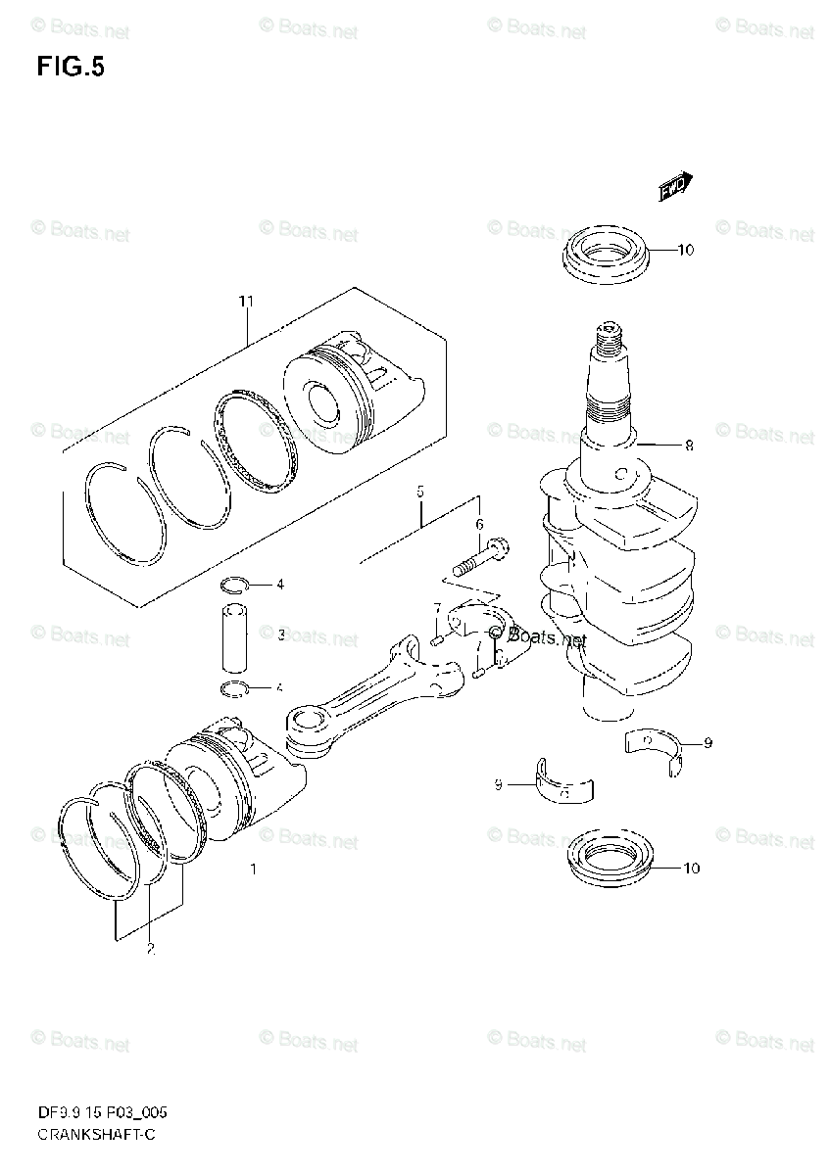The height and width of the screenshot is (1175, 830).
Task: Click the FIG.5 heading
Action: pos(71,68)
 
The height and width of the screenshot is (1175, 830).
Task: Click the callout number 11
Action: pos(245,302)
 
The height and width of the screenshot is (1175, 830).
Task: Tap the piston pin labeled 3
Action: pos(235,634)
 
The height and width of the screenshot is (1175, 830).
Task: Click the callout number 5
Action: pos(419,492)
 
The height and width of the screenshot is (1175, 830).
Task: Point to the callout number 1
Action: pos(253,869)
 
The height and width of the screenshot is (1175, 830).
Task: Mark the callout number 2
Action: pos(150,948)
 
